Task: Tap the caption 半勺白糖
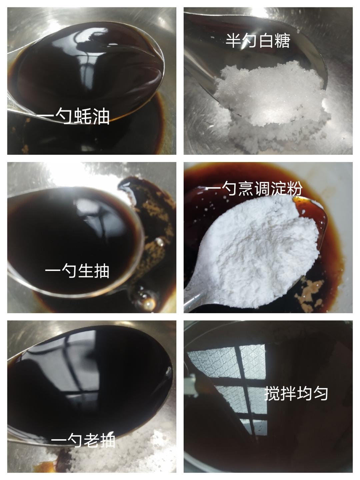[x=258, y=41]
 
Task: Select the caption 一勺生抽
[x=77, y=271]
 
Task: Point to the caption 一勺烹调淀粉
[x=254, y=188]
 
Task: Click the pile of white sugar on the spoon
[x=271, y=94]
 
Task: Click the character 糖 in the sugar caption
[x=282, y=41]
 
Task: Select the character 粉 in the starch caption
[x=295, y=188]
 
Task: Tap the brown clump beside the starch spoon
[x=309, y=292]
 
